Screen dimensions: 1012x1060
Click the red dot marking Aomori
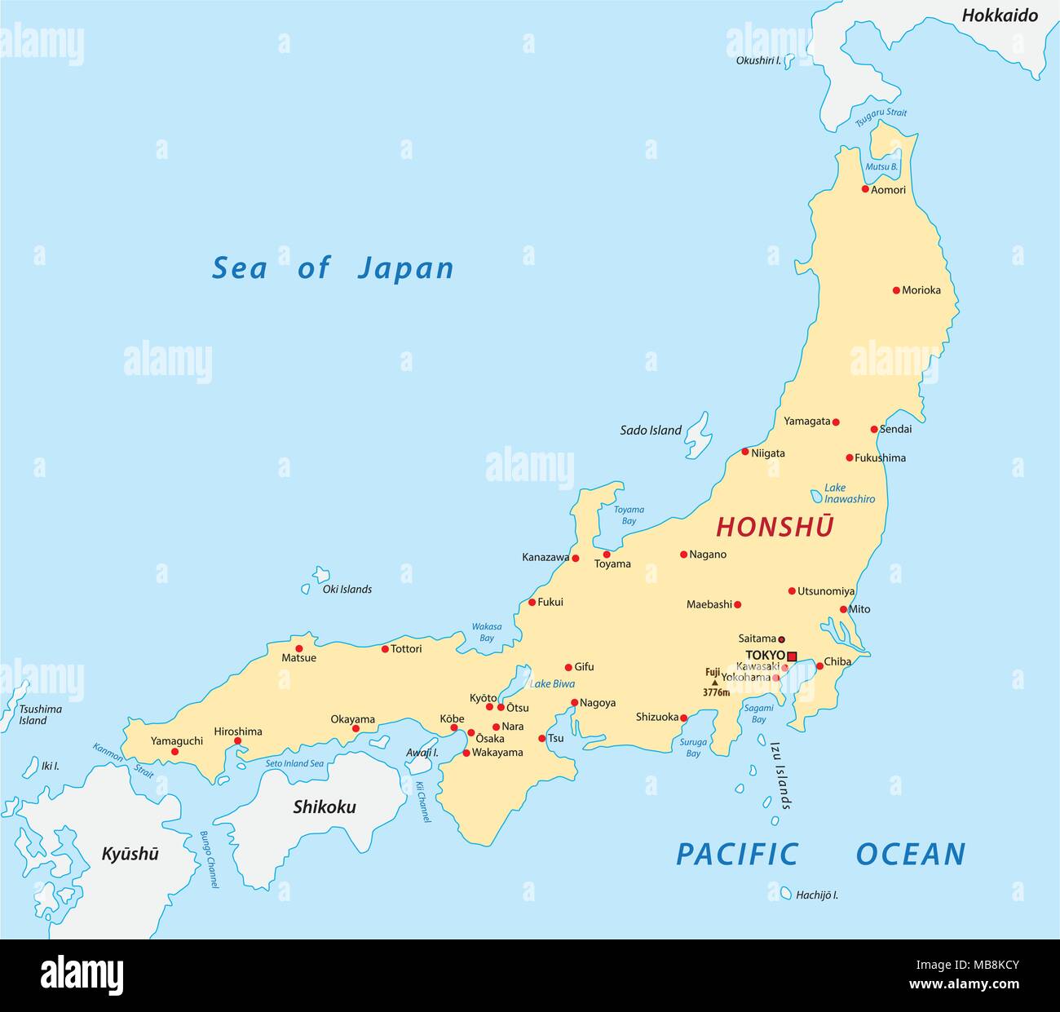(x=865, y=189)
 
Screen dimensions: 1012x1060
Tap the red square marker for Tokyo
(x=792, y=656)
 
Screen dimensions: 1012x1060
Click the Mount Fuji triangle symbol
(x=715, y=683)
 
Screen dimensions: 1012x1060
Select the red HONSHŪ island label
(x=775, y=528)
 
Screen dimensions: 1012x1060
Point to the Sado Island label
(x=650, y=431)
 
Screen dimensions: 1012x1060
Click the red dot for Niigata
(x=744, y=452)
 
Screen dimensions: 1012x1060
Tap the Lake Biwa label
(x=552, y=684)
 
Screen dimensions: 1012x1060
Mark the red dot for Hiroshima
(x=237, y=741)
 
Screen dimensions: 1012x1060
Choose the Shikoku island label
(x=325, y=807)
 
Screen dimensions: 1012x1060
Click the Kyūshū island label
(x=130, y=854)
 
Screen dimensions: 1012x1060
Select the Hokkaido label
(x=1000, y=15)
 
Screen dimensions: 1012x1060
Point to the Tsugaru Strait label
(x=881, y=118)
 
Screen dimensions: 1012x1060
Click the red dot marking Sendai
(x=874, y=429)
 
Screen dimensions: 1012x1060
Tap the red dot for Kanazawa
(x=575, y=559)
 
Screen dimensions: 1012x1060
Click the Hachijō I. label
(x=817, y=895)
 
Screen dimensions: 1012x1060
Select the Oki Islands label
(x=347, y=589)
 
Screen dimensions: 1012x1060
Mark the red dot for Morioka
(x=896, y=290)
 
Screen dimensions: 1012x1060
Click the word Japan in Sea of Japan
(x=405, y=268)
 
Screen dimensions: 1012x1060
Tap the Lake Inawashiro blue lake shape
(x=816, y=496)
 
